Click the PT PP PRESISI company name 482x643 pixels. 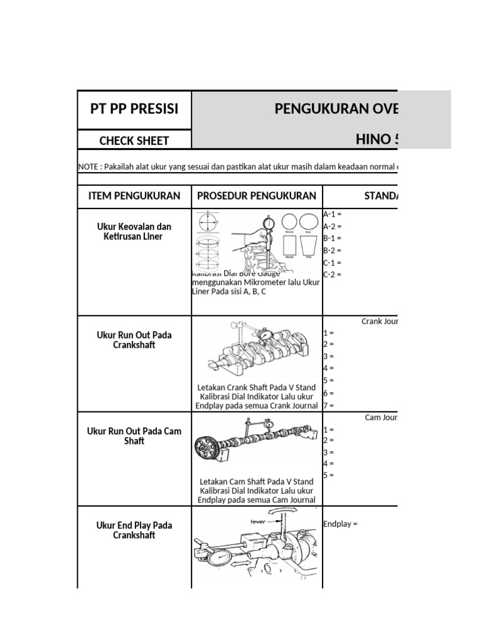tap(134, 109)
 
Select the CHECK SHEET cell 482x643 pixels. tap(134, 141)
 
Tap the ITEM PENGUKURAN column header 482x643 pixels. tap(134, 196)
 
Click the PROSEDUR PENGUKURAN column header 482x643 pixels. tap(257, 196)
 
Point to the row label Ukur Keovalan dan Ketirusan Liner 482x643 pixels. tap(134, 231)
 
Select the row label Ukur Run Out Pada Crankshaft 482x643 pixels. tap(134, 340)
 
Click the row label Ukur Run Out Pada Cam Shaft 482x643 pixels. tap(134, 436)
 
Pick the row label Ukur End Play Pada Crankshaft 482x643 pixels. tap(134, 530)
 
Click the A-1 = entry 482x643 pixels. tap(332, 214)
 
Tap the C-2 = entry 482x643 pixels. tap(332, 274)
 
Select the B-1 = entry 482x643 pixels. tap(332, 238)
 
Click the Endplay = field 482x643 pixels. tap(340, 524)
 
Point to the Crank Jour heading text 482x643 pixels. tap(380, 321)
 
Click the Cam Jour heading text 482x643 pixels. tap(382, 418)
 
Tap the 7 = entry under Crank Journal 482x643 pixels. tap(328, 406)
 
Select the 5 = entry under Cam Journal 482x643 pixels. tap(328, 475)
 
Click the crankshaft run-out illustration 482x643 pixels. tap(257, 349)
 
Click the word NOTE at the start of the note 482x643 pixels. tap(87, 167)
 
